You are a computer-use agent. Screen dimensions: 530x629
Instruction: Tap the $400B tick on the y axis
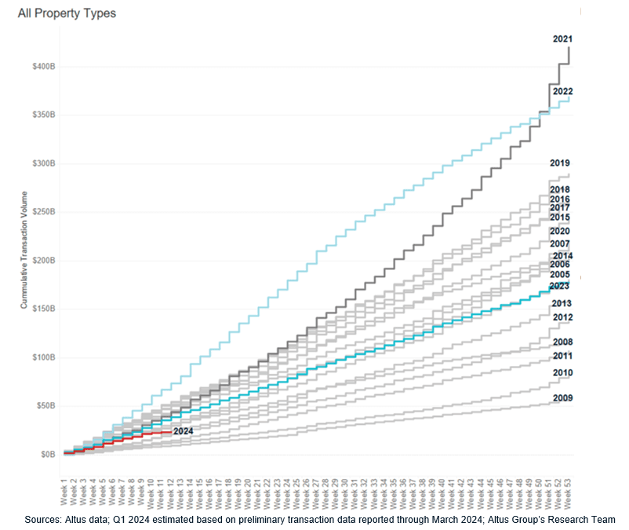[42, 66]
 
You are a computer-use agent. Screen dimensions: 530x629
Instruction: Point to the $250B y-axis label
[42, 212]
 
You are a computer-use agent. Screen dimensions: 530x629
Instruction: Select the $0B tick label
[47, 455]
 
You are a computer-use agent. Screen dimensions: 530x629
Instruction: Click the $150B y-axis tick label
[42, 309]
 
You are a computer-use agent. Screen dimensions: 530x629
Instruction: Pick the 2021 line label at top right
[562, 38]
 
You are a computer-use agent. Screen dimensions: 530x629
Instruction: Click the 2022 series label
[562, 92]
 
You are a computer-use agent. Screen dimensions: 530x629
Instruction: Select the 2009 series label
[562, 398]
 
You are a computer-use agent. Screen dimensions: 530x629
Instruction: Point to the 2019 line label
[560, 163]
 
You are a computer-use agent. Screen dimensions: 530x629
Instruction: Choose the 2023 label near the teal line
[560, 287]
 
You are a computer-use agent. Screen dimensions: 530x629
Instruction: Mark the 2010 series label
[562, 373]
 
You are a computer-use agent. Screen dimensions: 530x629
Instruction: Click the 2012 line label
[562, 317]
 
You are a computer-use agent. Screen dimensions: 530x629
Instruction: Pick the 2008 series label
[562, 342]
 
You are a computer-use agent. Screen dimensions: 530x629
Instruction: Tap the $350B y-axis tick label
[42, 115]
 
